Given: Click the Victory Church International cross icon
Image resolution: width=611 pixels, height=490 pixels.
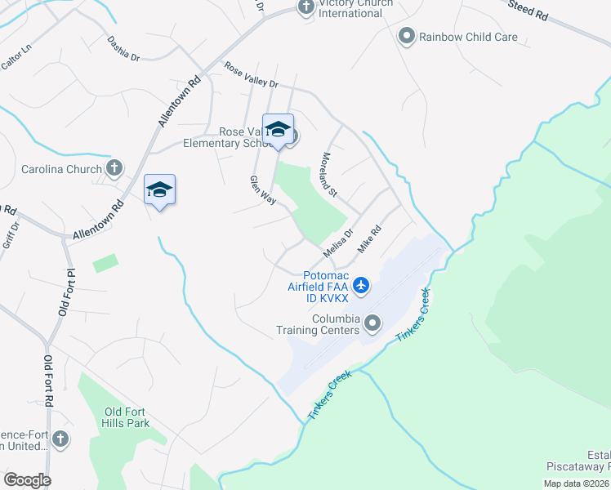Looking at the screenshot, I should [x=306, y=8].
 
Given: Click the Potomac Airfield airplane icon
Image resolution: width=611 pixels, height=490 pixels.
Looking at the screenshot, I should [x=363, y=286].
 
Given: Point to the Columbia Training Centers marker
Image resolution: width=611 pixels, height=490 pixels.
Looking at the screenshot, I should [x=372, y=324].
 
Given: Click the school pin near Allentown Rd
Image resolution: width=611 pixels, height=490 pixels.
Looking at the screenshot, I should [x=160, y=190].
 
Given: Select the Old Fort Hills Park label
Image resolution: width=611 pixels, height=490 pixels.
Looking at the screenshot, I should [x=127, y=418].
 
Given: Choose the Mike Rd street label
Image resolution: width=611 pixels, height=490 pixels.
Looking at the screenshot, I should [x=370, y=239].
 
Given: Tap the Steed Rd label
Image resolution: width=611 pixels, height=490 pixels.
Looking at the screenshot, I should [x=527, y=11].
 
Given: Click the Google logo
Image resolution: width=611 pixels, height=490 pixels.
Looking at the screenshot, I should [x=28, y=479].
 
